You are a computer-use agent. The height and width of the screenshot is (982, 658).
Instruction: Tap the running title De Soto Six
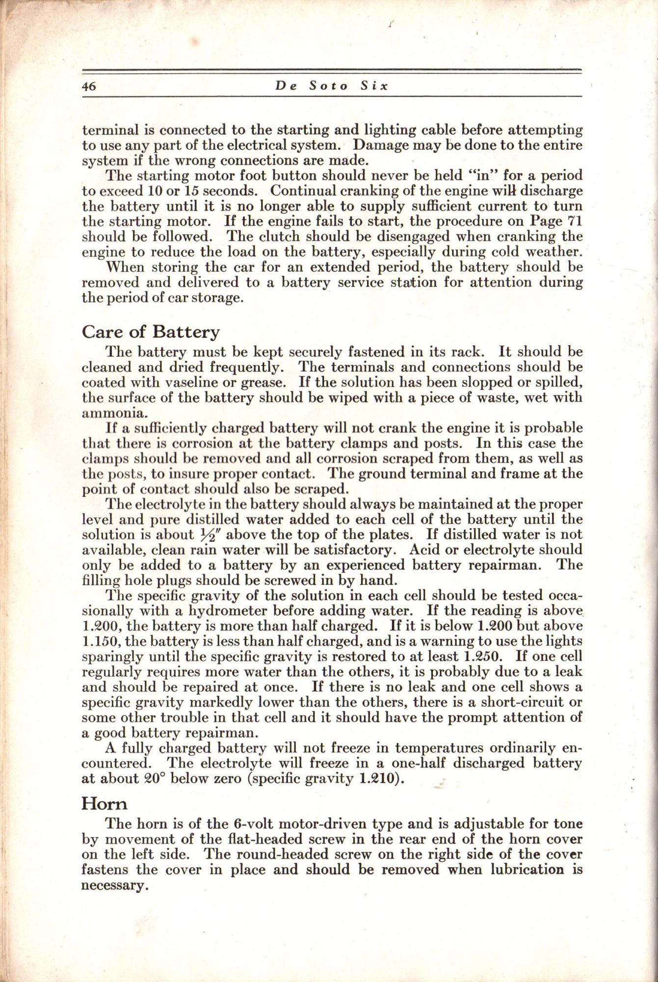[x=332, y=85]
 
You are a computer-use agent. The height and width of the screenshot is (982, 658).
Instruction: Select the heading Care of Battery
[x=151, y=332]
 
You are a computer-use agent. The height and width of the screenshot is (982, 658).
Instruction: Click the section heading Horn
[x=104, y=803]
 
